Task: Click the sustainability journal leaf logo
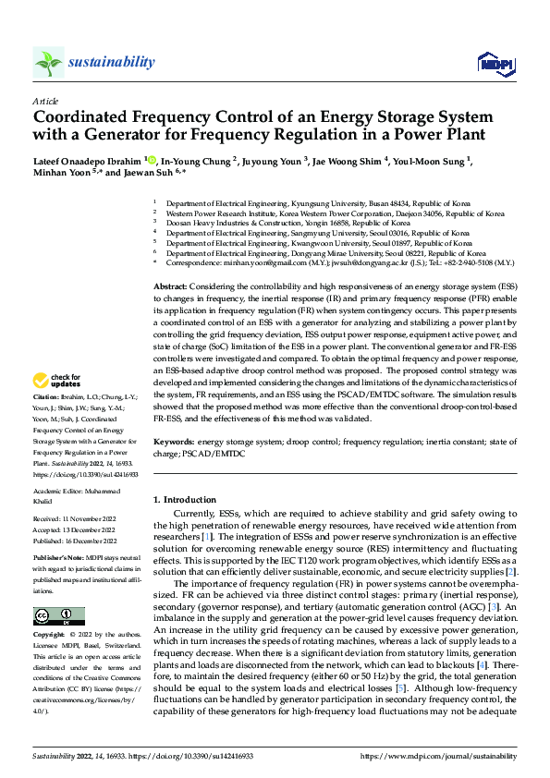[x=48, y=62]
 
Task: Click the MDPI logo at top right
[x=493, y=62]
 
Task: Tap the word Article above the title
[x=45, y=100]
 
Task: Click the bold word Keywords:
[x=174, y=443]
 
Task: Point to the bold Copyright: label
[x=49, y=635]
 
